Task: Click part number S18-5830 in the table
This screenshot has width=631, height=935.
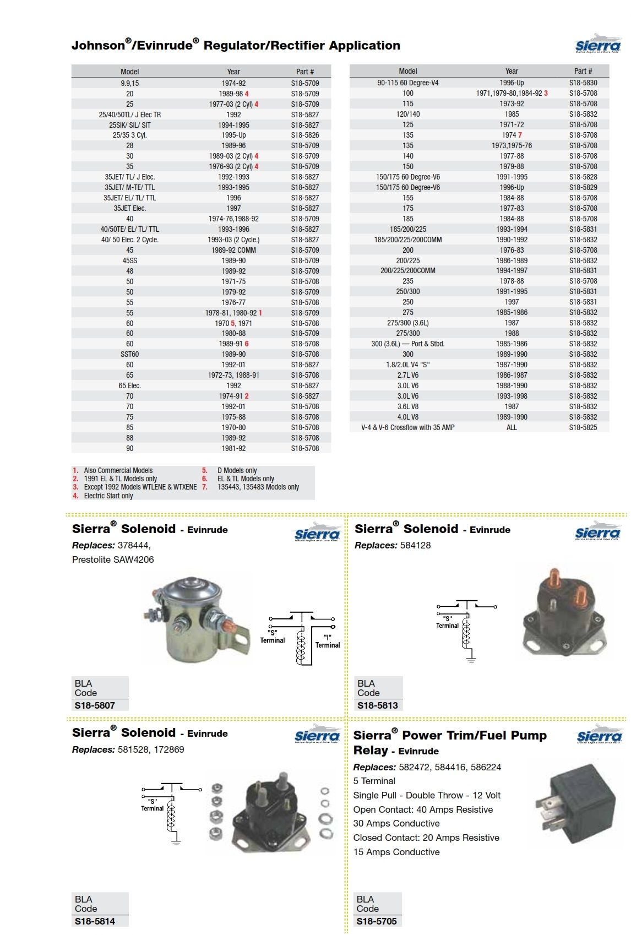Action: (583, 83)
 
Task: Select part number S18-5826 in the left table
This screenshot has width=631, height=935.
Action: (304, 135)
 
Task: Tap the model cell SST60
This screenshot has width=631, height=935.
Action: (129, 354)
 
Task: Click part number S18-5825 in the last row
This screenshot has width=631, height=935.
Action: (583, 427)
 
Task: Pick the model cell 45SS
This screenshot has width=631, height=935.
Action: (129, 260)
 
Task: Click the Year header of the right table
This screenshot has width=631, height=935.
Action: (512, 71)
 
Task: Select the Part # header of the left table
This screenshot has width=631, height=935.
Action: (304, 72)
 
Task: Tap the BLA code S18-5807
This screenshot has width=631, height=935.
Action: (95, 705)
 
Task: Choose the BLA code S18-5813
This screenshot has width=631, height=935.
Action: (377, 705)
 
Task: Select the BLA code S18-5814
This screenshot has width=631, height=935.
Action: (95, 921)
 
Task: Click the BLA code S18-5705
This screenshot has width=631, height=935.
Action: (376, 921)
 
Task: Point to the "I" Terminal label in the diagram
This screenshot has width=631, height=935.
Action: (328, 642)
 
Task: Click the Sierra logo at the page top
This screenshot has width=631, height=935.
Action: (598, 45)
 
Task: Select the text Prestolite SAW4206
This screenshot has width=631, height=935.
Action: (113, 559)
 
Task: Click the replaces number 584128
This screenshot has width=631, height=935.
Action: (415, 545)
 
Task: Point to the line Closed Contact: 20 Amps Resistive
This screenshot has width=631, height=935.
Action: (426, 838)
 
